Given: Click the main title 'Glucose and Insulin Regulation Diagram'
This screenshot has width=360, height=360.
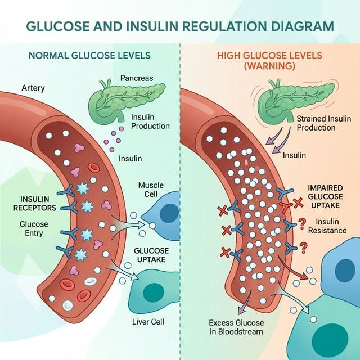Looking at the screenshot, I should click(179, 26).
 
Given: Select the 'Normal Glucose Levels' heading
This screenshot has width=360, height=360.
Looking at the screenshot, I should click(89, 56).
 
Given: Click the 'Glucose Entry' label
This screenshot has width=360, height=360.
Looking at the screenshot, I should click(34, 229).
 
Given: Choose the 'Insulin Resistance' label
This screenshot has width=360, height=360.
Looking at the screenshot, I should click(334, 226).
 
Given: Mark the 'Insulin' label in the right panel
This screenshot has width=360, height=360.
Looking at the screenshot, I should click(294, 155).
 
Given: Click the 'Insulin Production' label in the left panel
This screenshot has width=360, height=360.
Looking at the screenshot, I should click(150, 121).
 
